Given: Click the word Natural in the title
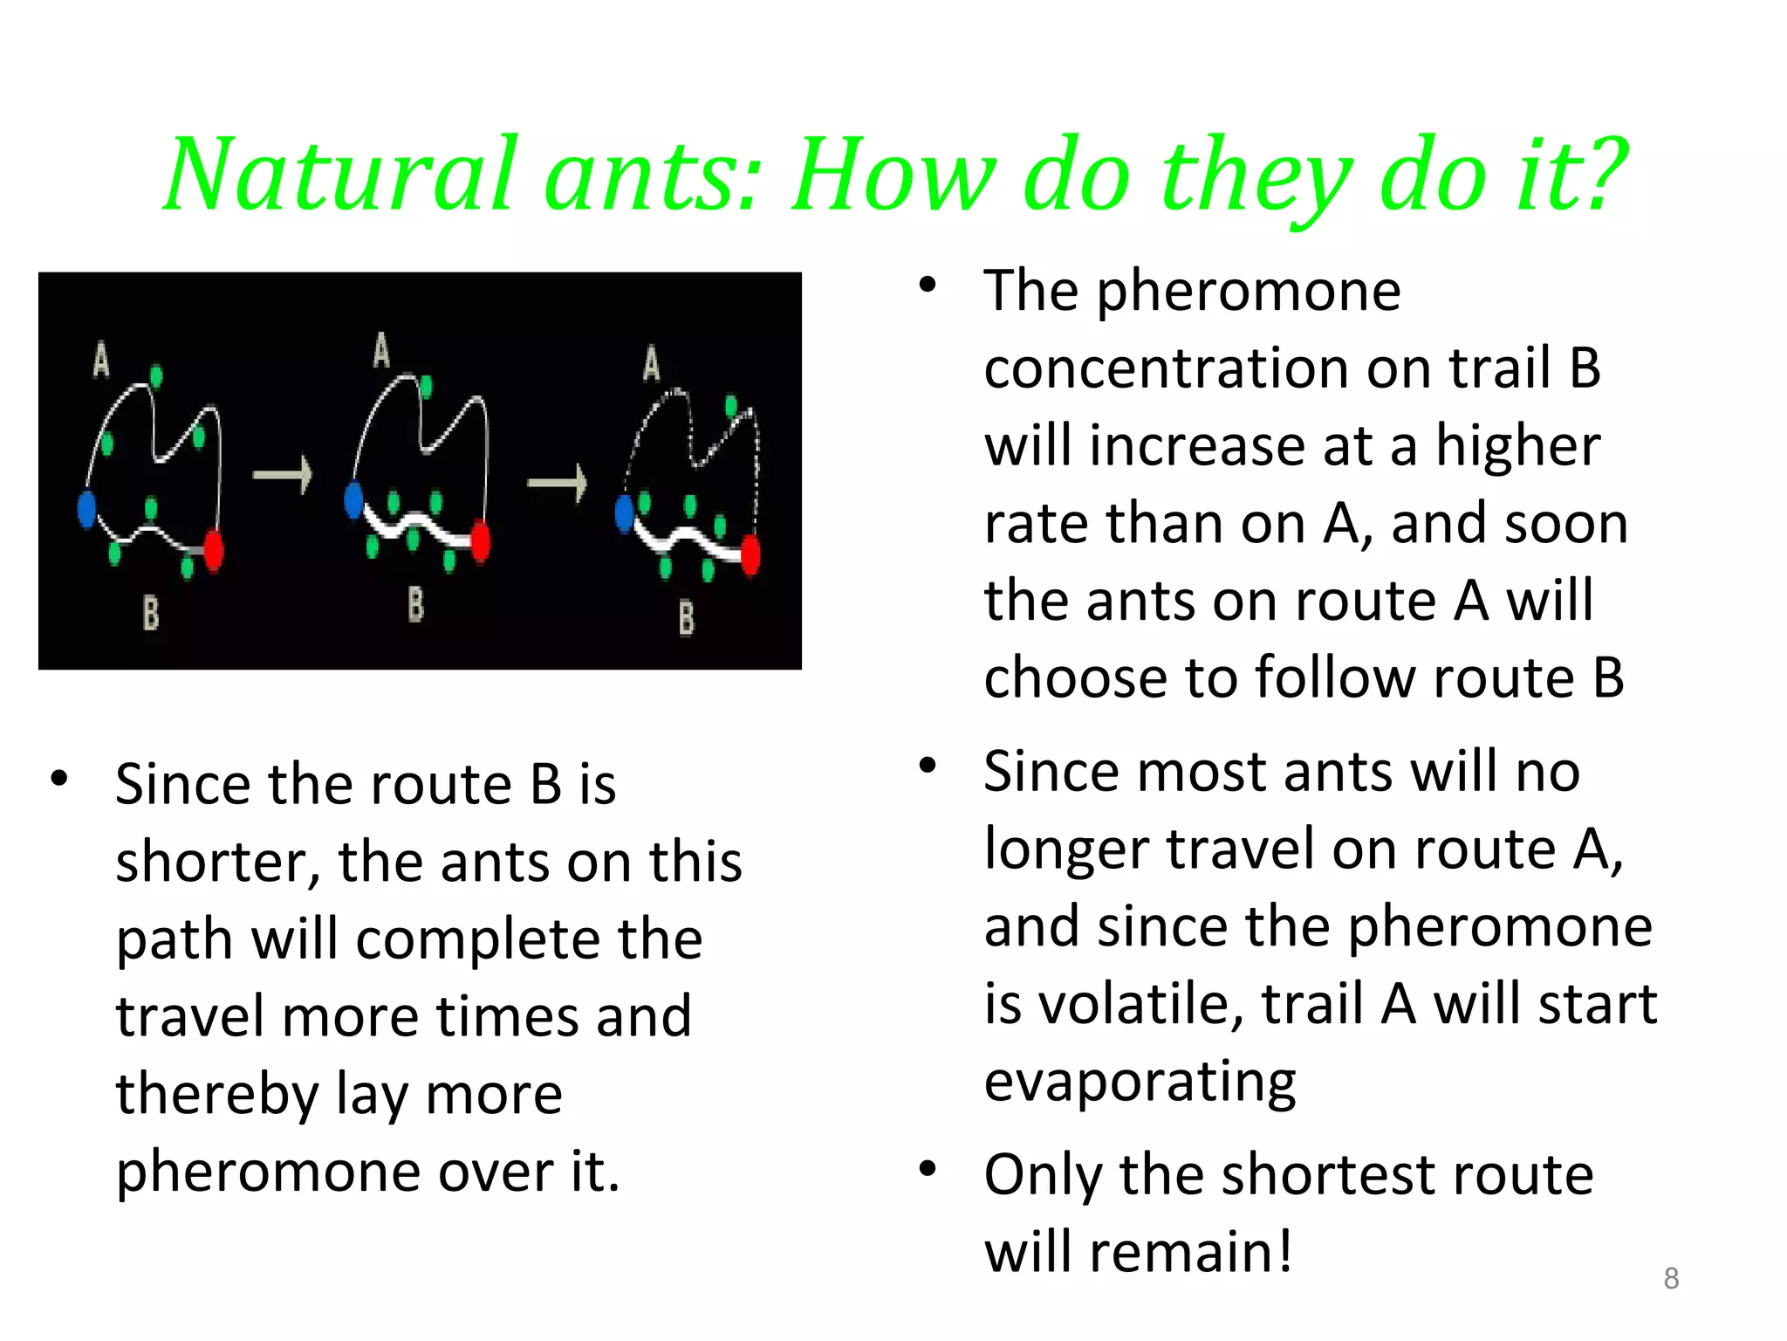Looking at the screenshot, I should [x=340, y=175].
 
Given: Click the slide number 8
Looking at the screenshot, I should [x=1671, y=1278].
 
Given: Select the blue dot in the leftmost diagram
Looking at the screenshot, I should [x=86, y=509].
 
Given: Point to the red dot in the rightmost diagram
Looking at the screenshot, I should [x=750, y=555].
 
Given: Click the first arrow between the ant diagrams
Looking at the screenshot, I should [x=283, y=475].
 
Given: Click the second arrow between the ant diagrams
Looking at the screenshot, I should [x=558, y=484].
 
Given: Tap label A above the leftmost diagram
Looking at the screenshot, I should [x=101, y=359].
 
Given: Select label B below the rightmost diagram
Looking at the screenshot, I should [x=687, y=617].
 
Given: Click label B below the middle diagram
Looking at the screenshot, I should [x=416, y=604].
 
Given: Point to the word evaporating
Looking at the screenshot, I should [x=1140, y=1081].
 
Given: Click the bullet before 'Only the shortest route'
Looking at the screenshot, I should [x=928, y=1168].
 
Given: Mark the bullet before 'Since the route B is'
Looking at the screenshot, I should [x=59, y=778].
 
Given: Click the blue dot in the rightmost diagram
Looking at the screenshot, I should [x=625, y=514].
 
